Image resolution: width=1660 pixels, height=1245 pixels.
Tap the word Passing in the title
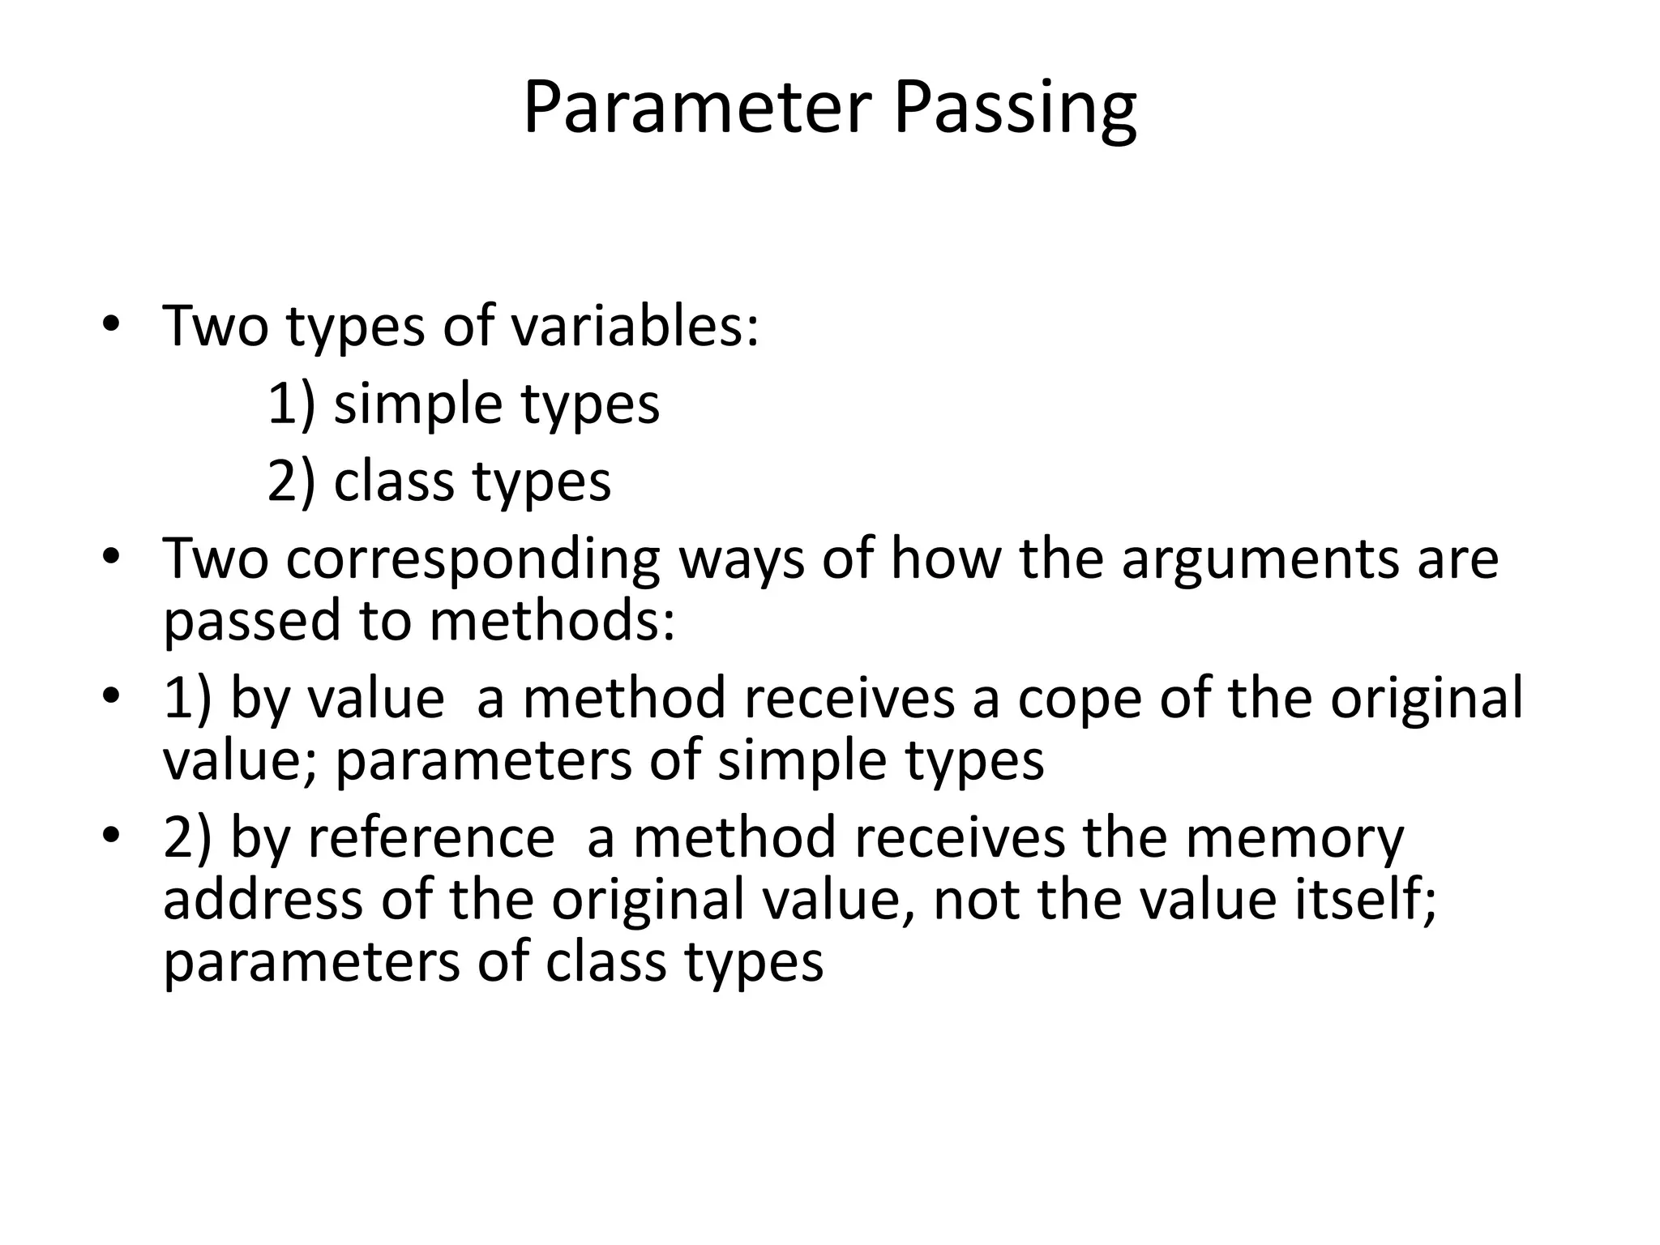pyautogui.click(x=1015, y=109)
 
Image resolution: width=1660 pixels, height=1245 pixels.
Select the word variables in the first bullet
pyautogui.click(x=635, y=326)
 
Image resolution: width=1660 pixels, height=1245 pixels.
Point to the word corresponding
pyautogui.click(x=473, y=560)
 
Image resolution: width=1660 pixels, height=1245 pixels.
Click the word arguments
pyautogui.click(x=1260, y=560)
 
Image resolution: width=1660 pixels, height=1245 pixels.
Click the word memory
pyautogui.click(x=1295, y=839)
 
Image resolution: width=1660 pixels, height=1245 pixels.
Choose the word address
pyautogui.click(x=263, y=900)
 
